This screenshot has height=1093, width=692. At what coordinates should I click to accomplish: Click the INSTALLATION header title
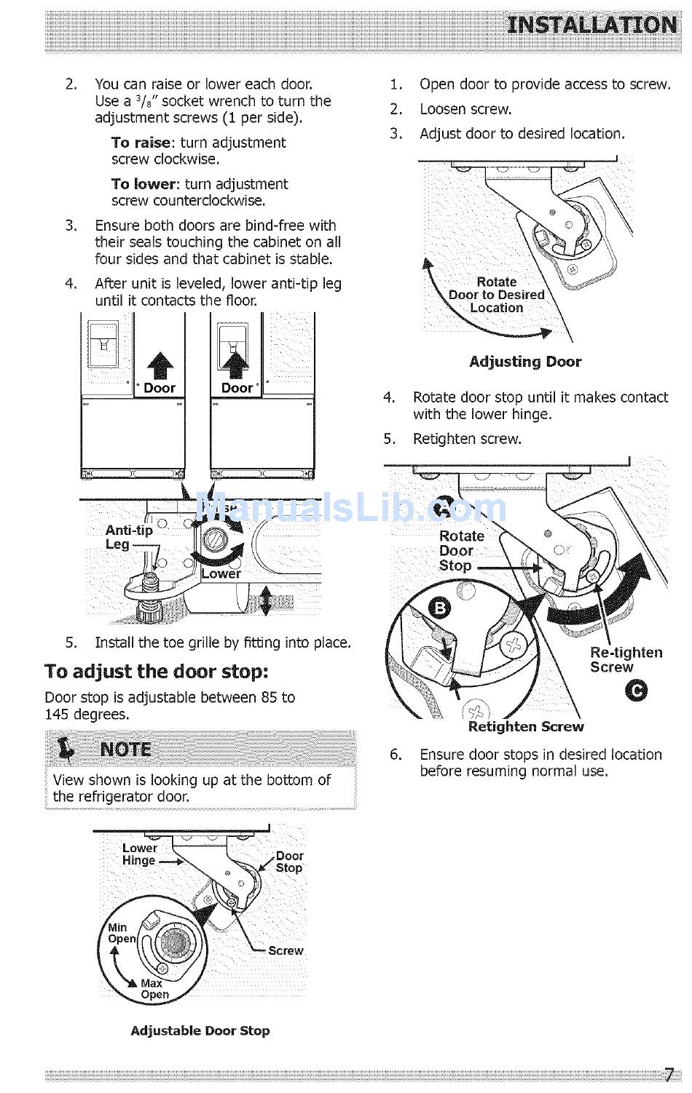click(x=591, y=26)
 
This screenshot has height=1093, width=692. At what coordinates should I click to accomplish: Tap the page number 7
click(x=669, y=1075)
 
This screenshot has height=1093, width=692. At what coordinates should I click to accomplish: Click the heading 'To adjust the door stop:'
click(x=157, y=671)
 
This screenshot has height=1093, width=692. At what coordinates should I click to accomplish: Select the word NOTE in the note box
click(x=126, y=750)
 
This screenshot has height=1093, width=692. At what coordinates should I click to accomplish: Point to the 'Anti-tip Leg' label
click(x=128, y=537)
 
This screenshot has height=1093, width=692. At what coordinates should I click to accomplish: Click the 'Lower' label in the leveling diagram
click(x=221, y=573)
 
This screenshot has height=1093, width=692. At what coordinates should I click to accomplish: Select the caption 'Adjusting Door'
click(x=525, y=362)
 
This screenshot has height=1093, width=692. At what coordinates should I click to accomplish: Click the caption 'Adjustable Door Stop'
click(x=200, y=1030)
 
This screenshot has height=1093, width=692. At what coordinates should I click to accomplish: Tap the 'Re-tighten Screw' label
click(x=626, y=659)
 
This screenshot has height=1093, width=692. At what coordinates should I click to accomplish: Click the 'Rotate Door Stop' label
click(x=461, y=551)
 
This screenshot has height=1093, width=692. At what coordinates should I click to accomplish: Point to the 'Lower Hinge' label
click(x=139, y=854)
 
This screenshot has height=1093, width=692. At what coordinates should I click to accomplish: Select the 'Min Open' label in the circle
click(x=121, y=933)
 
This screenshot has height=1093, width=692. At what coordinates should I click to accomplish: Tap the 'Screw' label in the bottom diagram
click(x=286, y=950)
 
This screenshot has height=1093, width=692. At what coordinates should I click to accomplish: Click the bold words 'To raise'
click(x=141, y=143)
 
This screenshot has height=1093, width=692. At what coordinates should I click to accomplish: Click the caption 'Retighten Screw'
click(x=526, y=726)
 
